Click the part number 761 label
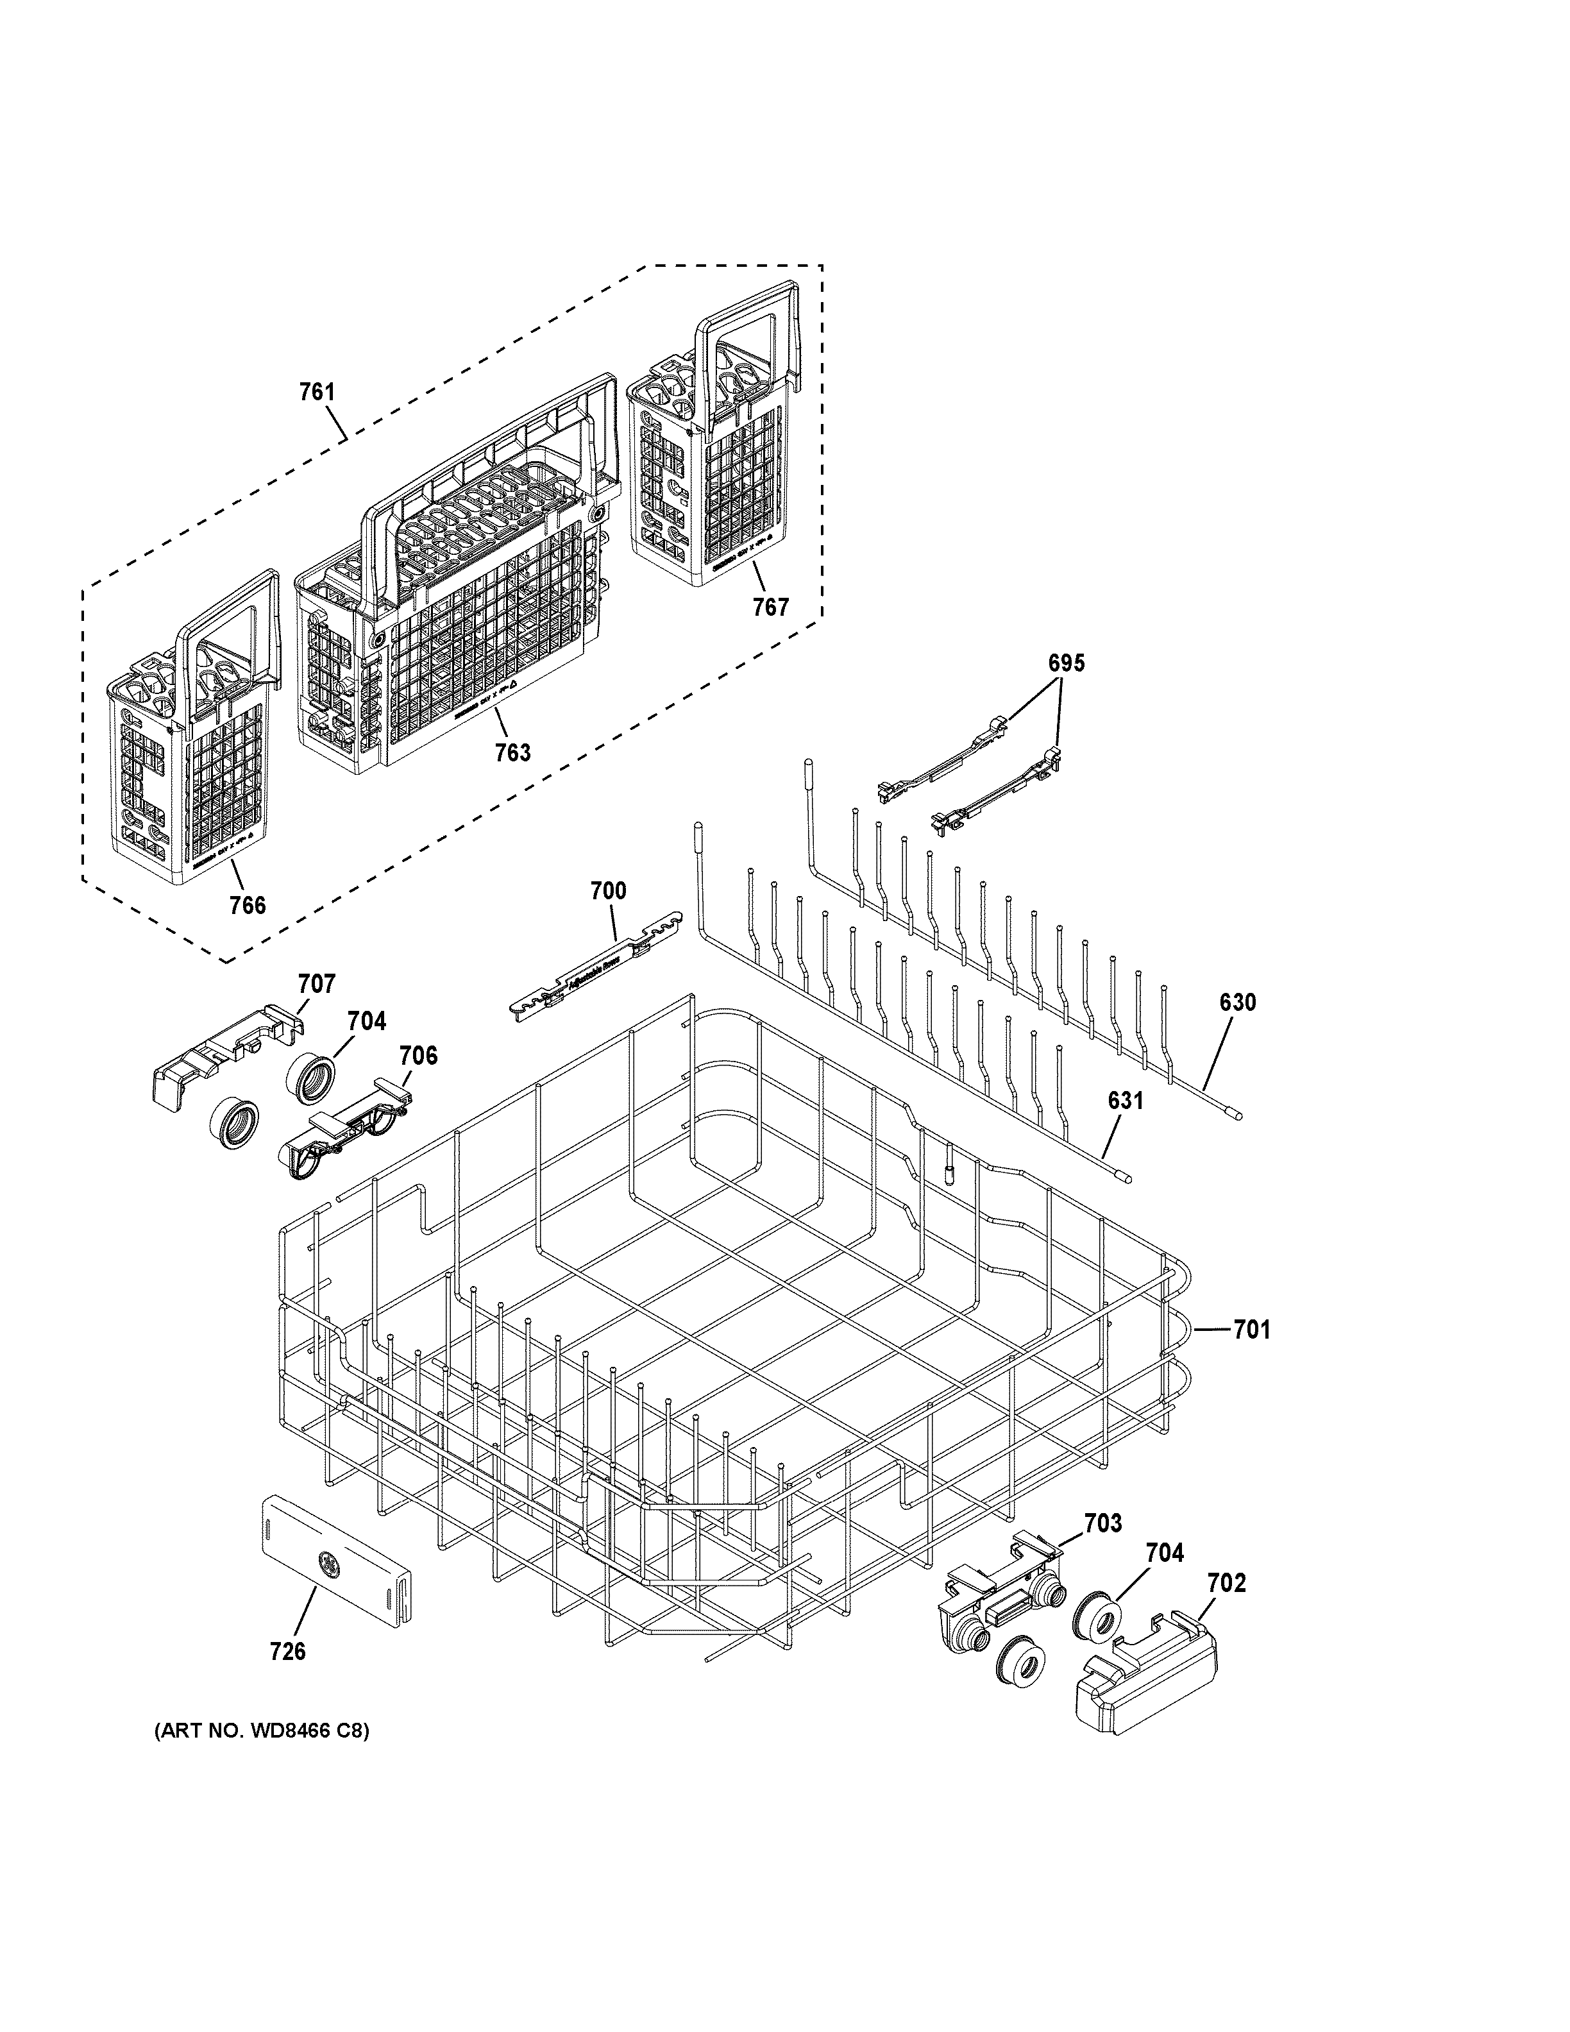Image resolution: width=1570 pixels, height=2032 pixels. tap(316, 393)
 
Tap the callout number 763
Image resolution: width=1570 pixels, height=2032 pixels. tap(512, 752)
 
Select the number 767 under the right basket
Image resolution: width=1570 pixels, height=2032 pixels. tap(770, 607)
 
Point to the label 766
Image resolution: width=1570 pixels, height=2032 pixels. tap(248, 904)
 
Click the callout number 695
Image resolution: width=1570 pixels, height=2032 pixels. tap(1066, 663)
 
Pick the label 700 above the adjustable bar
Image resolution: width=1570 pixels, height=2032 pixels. tap(608, 890)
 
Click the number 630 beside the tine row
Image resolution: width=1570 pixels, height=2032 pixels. tap(1237, 1002)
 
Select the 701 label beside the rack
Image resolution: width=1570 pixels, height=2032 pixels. tap(1251, 1330)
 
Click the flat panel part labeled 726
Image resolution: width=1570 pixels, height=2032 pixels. tap(335, 1573)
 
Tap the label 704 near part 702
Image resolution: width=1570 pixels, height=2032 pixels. tap(1165, 1552)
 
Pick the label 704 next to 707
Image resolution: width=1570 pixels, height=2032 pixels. tap(366, 1020)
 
